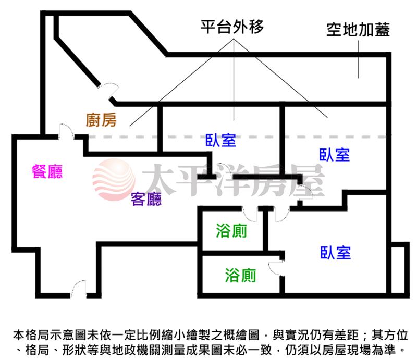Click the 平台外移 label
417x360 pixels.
coord(232,28)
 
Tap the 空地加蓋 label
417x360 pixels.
coord(358,30)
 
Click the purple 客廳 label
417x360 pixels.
coord(146,198)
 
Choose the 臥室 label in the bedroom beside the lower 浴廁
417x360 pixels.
coord(336,253)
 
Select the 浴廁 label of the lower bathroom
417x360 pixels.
coord(240,275)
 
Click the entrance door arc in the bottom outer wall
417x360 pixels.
coord(79,289)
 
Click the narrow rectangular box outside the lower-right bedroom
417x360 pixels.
coord(400,268)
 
